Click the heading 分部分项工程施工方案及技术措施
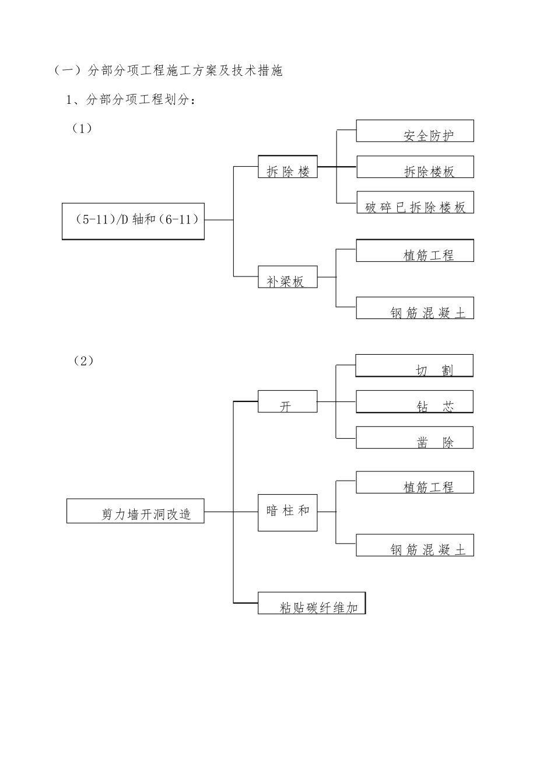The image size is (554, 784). (x=168, y=71)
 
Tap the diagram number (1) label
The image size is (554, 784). (x=82, y=128)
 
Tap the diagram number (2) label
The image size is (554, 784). (x=83, y=360)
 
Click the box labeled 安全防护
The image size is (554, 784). (x=415, y=131)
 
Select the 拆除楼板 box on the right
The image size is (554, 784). (x=415, y=167)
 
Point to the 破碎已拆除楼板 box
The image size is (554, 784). (x=415, y=202)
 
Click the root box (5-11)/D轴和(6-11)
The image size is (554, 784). (x=133, y=221)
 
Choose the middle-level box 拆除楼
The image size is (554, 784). (x=287, y=167)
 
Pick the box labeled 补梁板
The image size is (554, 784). (x=287, y=277)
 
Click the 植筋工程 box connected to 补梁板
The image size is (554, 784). (x=415, y=251)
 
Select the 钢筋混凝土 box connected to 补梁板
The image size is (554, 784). (x=415, y=308)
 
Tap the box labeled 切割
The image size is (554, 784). (x=414, y=366)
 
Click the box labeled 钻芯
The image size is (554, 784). (x=414, y=402)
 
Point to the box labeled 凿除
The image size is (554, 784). (x=414, y=437)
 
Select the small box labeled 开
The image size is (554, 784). (x=287, y=402)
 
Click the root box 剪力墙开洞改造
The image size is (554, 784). (x=135, y=511)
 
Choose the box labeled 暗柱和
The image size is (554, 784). (x=287, y=512)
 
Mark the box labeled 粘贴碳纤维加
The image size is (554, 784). (x=311, y=603)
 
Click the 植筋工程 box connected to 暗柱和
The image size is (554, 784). (x=415, y=482)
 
